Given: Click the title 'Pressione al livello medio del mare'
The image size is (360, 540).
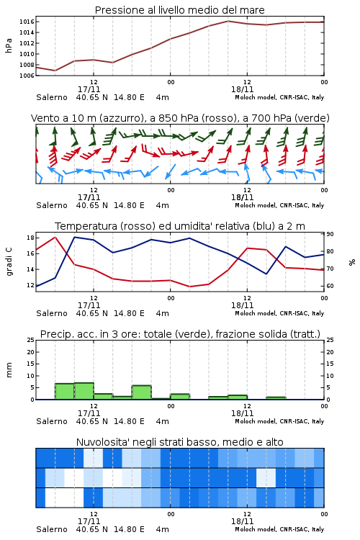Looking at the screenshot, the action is pyautogui.click(x=179, y=10).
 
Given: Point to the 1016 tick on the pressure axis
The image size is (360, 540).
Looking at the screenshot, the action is pyautogui.click(x=27, y=22).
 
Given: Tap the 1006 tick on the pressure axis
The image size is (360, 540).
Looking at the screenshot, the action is pyautogui.click(x=27, y=76).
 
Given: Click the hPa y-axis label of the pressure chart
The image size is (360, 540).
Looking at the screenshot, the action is pyautogui.click(x=9, y=45).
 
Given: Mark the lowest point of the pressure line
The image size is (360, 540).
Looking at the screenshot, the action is pyautogui.click(x=55, y=71).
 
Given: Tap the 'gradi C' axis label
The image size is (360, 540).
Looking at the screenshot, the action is pyautogui.click(x=9, y=261).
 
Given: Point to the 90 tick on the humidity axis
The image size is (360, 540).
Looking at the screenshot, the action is pyautogui.click(x=330, y=234).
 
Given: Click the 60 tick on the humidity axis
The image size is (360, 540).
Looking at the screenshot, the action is pyautogui.click(x=330, y=286).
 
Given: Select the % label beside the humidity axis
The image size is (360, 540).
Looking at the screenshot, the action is pyautogui.click(x=352, y=262).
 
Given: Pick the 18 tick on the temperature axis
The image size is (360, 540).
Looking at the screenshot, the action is pyautogui.click(x=30, y=238).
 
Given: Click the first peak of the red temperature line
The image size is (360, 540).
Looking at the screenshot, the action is pyautogui.click(x=55, y=237).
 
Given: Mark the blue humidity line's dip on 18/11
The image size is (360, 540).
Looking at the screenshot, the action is pyautogui.click(x=266, y=274).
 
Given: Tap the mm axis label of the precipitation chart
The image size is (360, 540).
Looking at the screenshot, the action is pyautogui.click(x=9, y=370).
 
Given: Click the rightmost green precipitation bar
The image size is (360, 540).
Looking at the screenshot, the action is pyautogui.click(x=276, y=398).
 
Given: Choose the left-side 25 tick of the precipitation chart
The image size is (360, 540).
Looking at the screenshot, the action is pyautogui.click(x=30, y=340).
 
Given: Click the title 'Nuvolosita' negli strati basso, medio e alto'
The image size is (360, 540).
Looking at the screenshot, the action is pyautogui.click(x=179, y=442).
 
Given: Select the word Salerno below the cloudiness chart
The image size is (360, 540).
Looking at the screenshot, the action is pyautogui.click(x=52, y=529).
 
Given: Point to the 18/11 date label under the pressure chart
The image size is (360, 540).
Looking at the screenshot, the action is pyautogui.click(x=242, y=89).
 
